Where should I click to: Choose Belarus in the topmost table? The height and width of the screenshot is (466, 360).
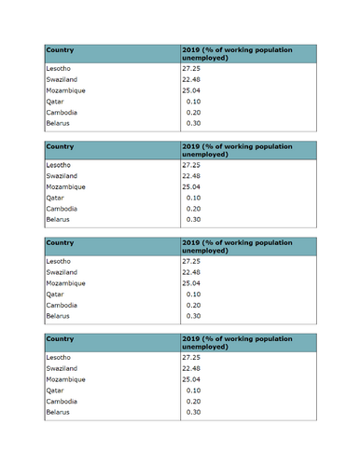[58, 123]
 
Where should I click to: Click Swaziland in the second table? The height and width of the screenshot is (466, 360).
[62, 175]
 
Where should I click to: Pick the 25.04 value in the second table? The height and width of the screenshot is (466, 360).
[191, 186]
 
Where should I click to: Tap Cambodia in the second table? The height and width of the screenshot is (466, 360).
[61, 209]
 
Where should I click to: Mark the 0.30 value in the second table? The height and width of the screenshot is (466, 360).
[194, 219]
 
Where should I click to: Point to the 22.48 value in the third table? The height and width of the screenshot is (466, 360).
[191, 272]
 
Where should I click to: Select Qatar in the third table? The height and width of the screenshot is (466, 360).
[54, 294]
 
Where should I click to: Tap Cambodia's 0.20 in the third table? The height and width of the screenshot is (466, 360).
[194, 305]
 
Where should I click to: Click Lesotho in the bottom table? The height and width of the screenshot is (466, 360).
[58, 357]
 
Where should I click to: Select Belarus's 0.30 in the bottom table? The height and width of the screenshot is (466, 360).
[194, 411]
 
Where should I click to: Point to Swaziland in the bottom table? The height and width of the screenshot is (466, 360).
[62, 368]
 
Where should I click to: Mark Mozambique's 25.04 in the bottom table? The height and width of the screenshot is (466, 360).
[191, 379]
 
